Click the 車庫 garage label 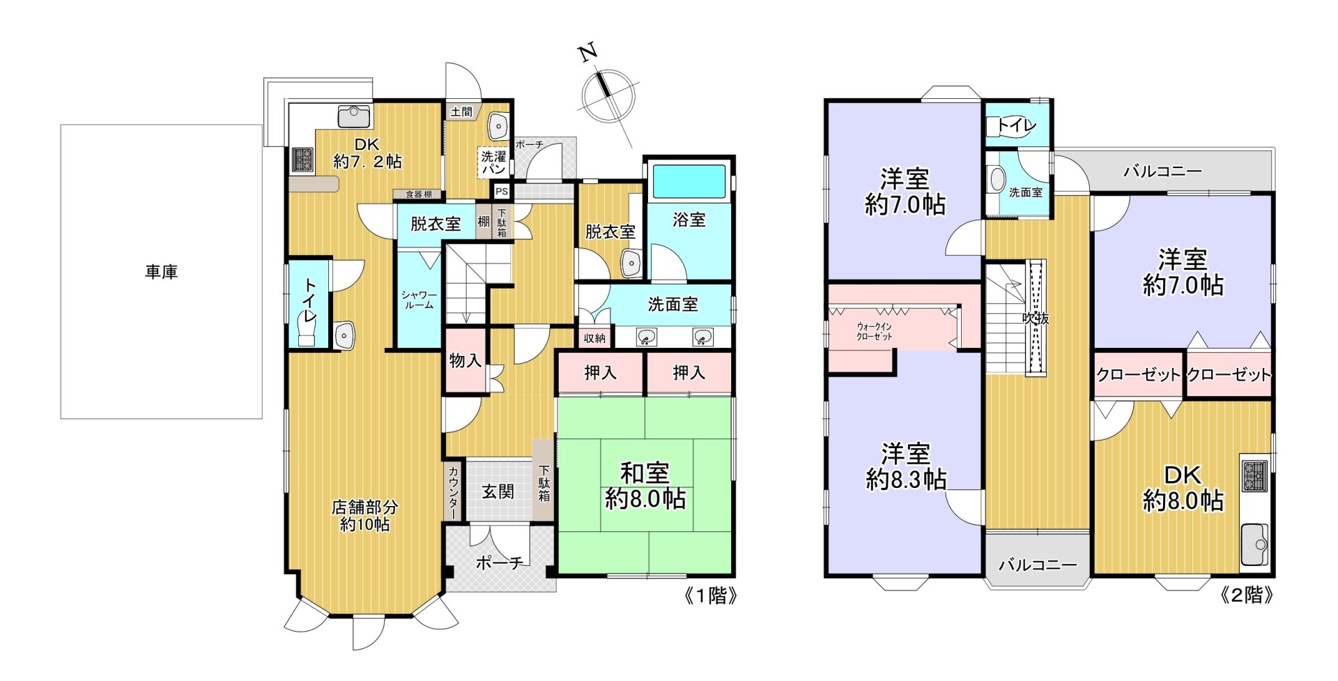(x=161, y=272)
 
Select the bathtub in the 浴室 (x=689, y=182)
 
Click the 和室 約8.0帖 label (x=645, y=486)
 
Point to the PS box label (x=501, y=191)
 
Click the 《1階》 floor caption (x=710, y=595)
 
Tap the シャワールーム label (x=419, y=300)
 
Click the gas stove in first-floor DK (x=302, y=160)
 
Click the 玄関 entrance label (x=498, y=492)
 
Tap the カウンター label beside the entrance (x=453, y=492)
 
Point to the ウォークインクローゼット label (x=874, y=331)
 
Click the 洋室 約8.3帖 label (x=905, y=466)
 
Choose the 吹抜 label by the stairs (x=1036, y=319)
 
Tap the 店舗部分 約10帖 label (x=364, y=516)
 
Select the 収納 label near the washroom (x=594, y=338)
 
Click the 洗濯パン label (x=493, y=163)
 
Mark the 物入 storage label (x=465, y=360)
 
